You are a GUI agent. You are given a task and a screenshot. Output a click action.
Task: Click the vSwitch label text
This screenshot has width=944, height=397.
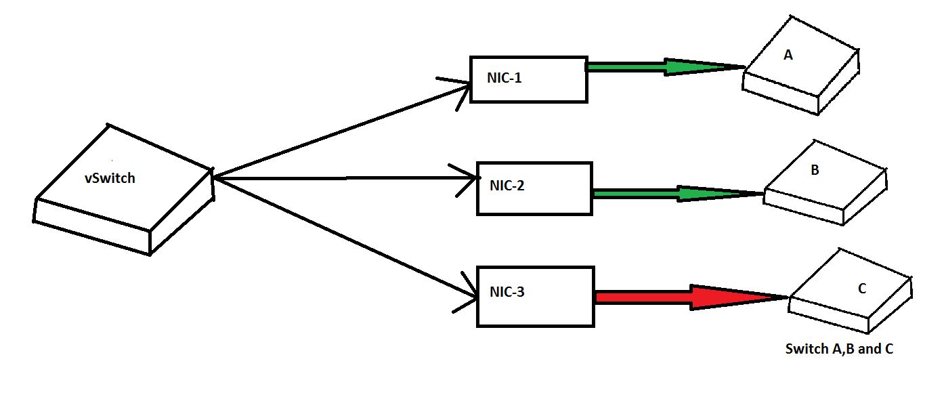(x=110, y=179)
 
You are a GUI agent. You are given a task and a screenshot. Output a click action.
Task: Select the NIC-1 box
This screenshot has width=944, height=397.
(x=528, y=79)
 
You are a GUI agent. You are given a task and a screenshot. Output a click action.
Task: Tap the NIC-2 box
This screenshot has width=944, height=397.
(x=534, y=188)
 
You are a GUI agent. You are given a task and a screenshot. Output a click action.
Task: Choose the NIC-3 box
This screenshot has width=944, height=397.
(x=535, y=296)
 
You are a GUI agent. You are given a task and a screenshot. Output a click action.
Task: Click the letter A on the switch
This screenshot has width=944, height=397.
(x=788, y=56)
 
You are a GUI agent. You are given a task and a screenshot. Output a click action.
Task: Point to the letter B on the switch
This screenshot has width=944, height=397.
(x=815, y=170)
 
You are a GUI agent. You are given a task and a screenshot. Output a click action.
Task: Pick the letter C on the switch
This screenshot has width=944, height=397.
(x=861, y=289)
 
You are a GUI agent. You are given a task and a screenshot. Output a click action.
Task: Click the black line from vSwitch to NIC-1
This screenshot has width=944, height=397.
(x=339, y=129)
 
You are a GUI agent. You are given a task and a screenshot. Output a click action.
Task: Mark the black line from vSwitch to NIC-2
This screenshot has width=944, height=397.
(x=339, y=179)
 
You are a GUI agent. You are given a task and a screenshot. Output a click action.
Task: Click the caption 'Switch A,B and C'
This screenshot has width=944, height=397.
(x=840, y=350)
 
